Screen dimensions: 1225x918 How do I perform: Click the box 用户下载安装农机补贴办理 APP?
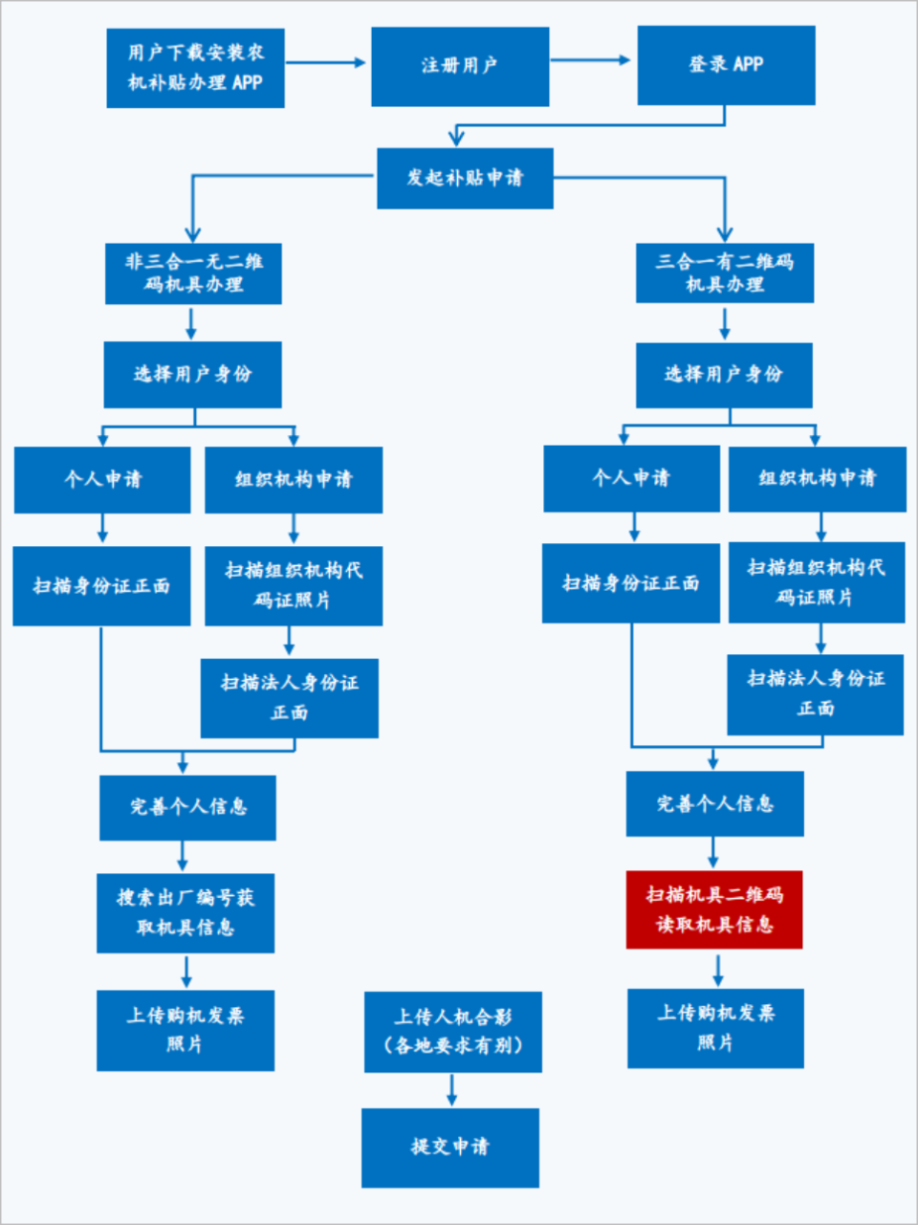[195, 68]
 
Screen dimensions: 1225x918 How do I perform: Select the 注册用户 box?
[459, 66]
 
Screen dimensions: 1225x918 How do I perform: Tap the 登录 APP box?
[726, 65]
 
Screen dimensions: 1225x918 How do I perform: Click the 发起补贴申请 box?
[465, 178]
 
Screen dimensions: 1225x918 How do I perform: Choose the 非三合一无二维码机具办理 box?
[193, 273]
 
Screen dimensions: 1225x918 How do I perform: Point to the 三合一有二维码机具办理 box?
[724, 273]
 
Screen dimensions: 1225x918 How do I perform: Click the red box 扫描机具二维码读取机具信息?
[713, 909]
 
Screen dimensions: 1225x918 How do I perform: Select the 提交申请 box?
[449, 1148]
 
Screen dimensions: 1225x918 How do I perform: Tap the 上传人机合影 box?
[452, 1032]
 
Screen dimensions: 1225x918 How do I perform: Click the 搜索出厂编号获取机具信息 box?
[185, 913]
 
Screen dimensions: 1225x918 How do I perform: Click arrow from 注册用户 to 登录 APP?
[592, 60]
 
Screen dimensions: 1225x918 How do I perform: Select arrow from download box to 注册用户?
[326, 63]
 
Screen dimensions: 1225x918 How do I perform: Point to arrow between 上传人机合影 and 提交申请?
[451, 1090]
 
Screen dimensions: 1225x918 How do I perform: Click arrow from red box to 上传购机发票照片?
[717, 969]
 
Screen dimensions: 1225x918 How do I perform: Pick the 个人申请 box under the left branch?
[102, 480]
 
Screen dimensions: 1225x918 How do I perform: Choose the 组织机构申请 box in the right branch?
[817, 479]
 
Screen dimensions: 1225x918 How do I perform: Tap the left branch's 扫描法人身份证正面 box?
[289, 698]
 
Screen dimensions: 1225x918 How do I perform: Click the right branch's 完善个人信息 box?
[714, 804]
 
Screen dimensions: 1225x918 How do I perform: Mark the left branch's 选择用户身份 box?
[192, 375]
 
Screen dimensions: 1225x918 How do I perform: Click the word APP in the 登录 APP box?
[748, 65]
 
